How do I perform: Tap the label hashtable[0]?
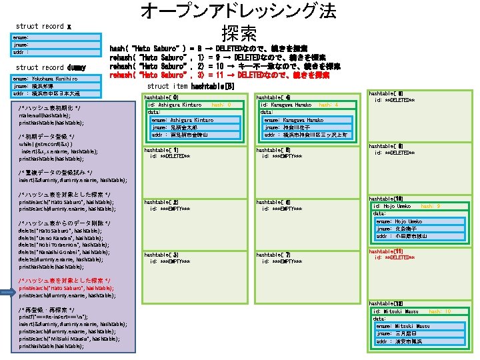click(x=161, y=97)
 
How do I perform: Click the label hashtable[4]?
click(x=273, y=97)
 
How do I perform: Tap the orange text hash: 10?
click(x=439, y=311)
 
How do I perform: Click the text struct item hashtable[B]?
click(x=191, y=87)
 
